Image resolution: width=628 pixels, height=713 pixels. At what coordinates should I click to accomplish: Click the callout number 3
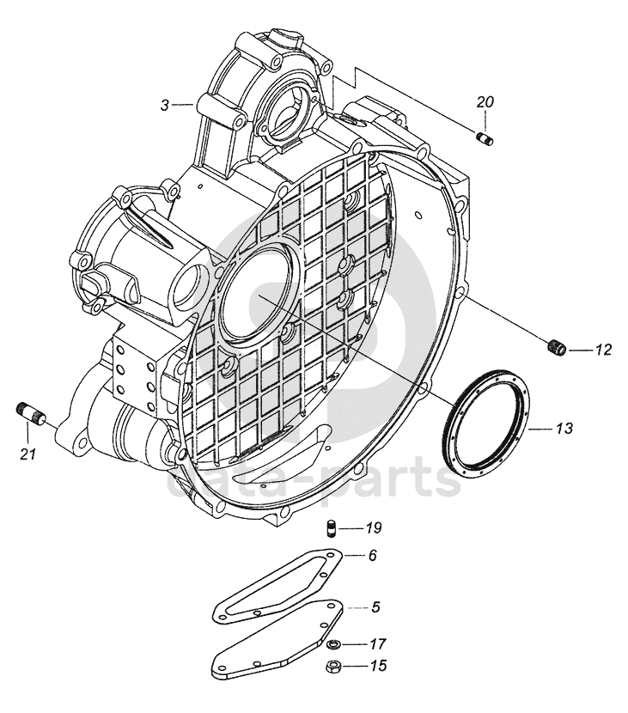coord(165,106)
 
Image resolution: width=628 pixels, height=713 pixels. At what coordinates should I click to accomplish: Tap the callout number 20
coord(485,102)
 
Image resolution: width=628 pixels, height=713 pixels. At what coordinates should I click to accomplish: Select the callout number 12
coord(604,350)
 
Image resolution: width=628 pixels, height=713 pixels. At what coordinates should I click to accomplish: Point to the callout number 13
coord(564,429)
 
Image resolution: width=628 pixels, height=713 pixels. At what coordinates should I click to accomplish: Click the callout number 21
coord(28,454)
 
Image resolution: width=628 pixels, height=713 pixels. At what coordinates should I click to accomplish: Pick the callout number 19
coord(374,528)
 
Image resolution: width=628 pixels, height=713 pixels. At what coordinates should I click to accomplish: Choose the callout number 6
coord(373,555)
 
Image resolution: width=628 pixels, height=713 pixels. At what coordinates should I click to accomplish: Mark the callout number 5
coord(375,607)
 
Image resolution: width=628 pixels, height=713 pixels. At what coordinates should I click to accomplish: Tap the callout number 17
coord(378,644)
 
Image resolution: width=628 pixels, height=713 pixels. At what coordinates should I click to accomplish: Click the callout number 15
coord(378,666)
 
